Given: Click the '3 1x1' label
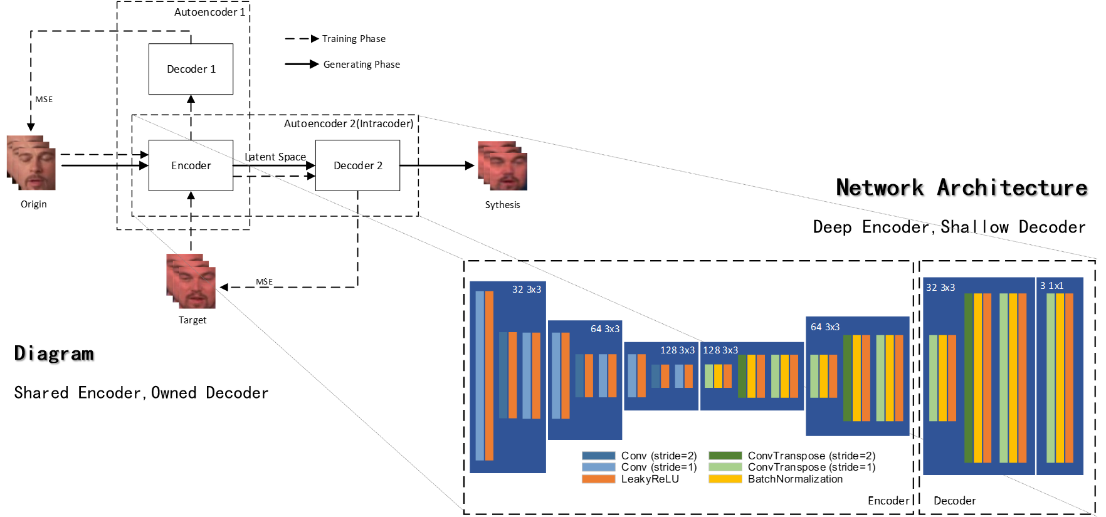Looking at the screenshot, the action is (x=1051, y=286).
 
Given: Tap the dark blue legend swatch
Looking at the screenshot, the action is (x=598, y=456).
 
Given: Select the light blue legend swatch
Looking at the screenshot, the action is (x=598, y=467).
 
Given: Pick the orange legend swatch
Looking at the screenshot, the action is (x=598, y=479).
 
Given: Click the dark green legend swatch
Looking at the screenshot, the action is (x=725, y=456).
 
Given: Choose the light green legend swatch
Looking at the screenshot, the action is (x=725, y=467).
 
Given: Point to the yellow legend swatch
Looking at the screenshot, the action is (x=725, y=479).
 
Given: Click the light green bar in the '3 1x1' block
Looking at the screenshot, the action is (x=1050, y=378).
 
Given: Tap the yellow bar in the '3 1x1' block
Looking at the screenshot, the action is (x=1060, y=378).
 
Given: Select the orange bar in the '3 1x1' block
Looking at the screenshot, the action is (x=1069, y=378).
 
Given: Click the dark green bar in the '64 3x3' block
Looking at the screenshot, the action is (x=848, y=378).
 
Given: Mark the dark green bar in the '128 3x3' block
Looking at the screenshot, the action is (x=742, y=376).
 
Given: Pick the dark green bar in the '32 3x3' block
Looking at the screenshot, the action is (x=968, y=378).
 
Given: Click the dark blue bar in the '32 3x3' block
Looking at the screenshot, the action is (x=503, y=375).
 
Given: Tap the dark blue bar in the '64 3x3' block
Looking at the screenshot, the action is (x=579, y=375).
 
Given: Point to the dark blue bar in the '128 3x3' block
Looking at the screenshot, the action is (x=655, y=376).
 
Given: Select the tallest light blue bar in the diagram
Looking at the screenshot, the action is (x=480, y=375).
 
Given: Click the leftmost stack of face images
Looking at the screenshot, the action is (x=31, y=163).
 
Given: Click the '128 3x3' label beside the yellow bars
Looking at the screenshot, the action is (x=720, y=350).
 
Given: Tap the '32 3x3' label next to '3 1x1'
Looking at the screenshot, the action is (x=940, y=288).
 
